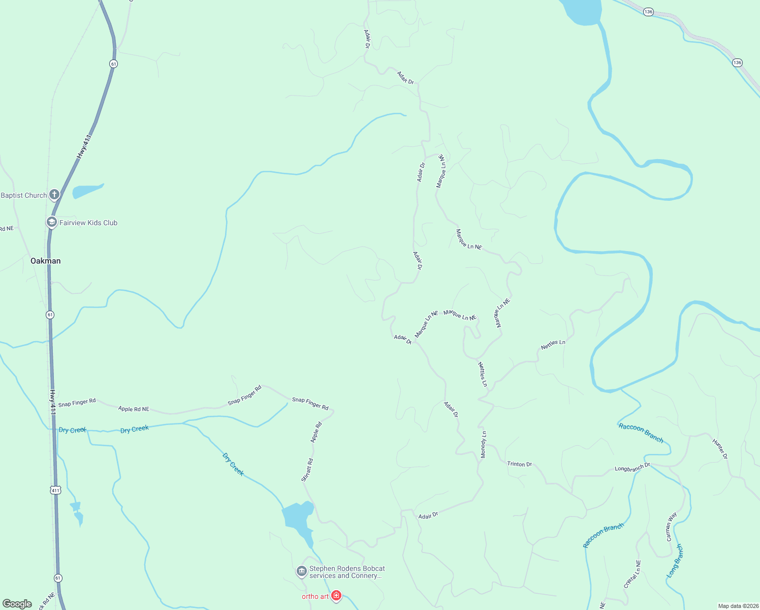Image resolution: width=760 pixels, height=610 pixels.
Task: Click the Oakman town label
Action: (46, 261)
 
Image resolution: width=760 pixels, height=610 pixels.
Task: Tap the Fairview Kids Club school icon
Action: (51, 222)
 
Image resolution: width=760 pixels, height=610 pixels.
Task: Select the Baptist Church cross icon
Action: (54, 194)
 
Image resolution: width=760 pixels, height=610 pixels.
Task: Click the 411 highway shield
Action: (55, 490)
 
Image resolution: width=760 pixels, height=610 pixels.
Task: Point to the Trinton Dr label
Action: (519, 464)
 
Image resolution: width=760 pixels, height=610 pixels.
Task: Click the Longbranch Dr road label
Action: (632, 467)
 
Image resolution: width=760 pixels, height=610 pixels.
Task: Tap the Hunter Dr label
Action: (720, 449)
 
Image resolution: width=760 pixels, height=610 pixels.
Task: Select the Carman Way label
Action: (671, 527)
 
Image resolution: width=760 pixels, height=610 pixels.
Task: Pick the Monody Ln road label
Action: (484, 444)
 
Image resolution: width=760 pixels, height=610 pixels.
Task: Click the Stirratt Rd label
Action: (307, 470)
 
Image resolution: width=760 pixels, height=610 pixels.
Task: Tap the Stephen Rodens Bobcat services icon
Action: (302, 572)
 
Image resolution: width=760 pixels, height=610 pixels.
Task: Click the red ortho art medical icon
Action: (336, 596)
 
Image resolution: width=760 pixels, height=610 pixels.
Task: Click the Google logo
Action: (17, 604)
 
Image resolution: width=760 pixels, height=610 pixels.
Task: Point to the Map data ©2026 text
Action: (738, 606)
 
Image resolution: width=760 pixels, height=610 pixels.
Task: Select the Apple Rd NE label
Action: (134, 409)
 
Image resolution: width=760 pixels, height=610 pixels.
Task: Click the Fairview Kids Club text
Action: (88, 223)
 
